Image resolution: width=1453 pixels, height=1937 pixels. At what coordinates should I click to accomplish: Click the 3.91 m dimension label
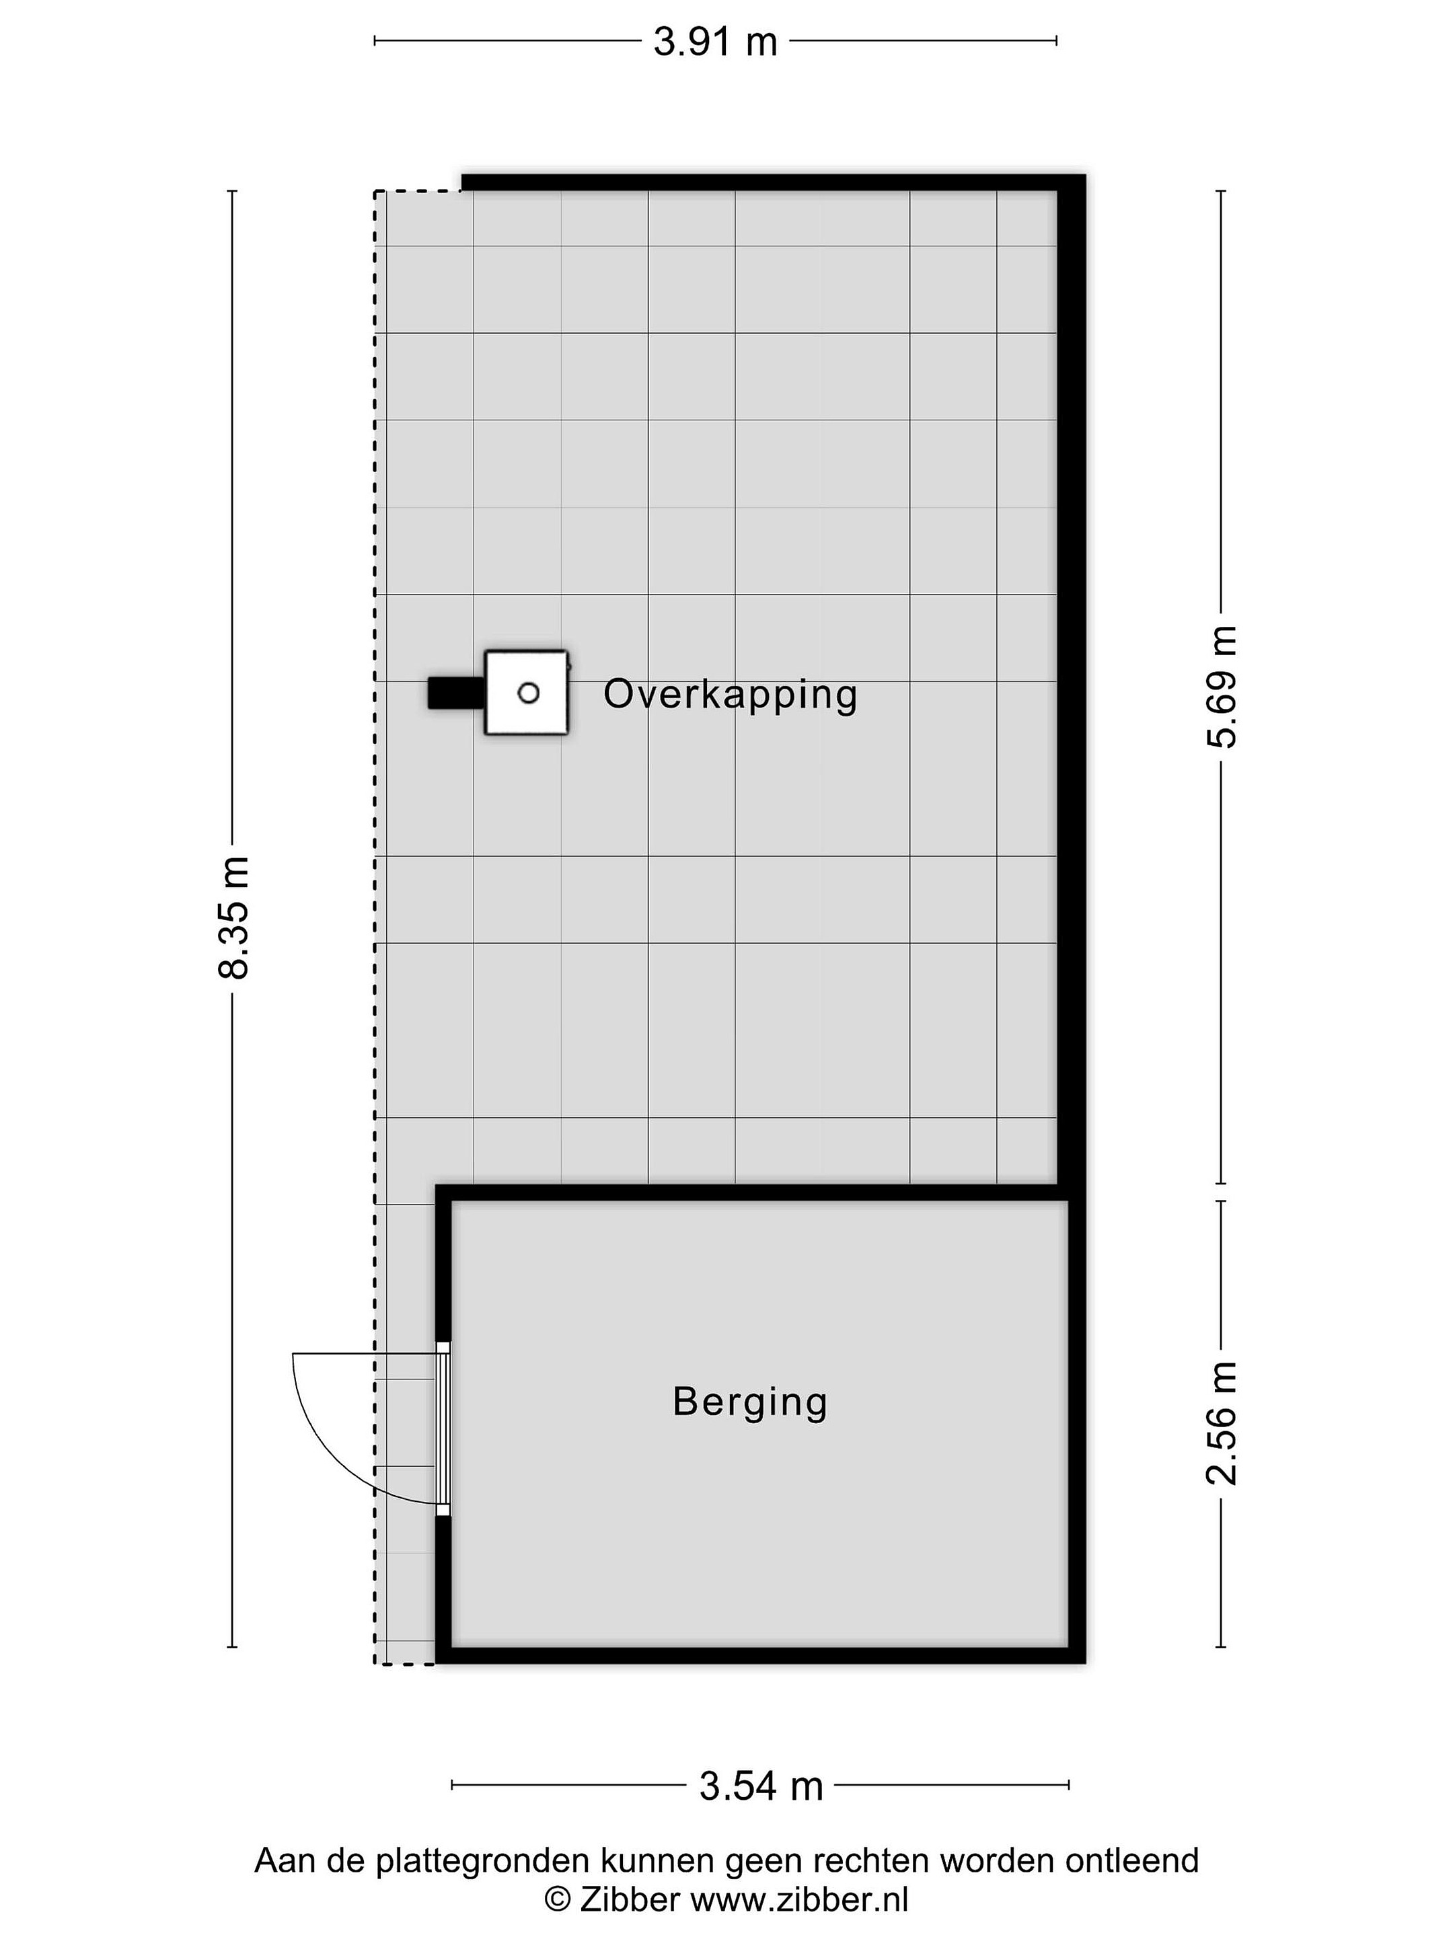tap(714, 41)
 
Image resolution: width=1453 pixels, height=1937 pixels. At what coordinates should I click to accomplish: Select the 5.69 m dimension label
tap(1222, 687)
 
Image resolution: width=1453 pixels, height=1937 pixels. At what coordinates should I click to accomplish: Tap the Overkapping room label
tap(731, 695)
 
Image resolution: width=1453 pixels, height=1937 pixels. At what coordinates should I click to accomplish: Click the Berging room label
tap(750, 1401)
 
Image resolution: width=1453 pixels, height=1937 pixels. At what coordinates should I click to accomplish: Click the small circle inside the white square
tap(528, 693)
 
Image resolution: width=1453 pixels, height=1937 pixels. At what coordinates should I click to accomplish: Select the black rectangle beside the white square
tap(455, 693)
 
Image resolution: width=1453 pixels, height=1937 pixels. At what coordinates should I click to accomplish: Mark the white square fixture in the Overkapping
tap(526, 693)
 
